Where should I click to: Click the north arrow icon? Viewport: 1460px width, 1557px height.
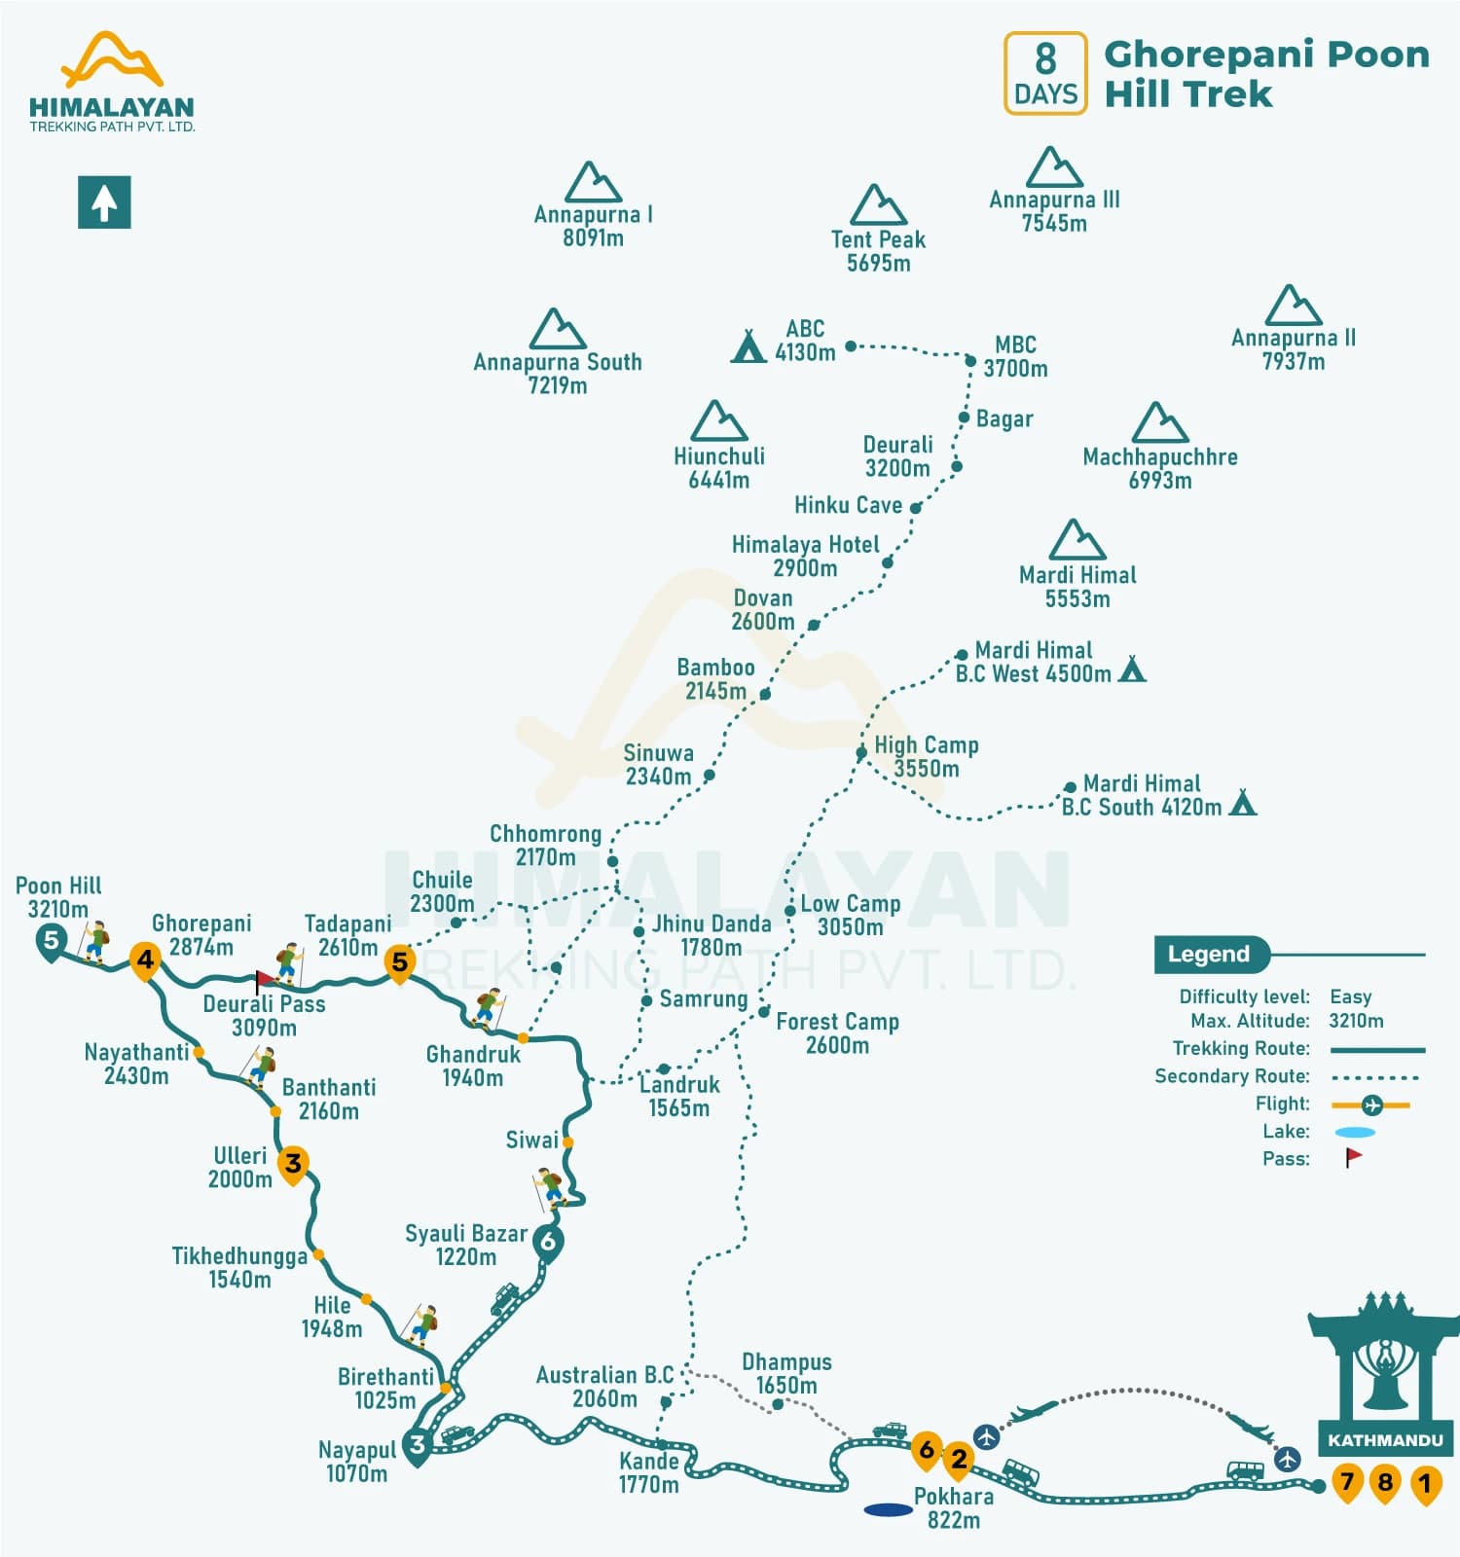click(x=104, y=202)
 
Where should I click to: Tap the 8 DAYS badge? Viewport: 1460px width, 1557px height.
click(x=1045, y=74)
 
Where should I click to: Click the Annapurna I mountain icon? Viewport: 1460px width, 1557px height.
click(x=593, y=182)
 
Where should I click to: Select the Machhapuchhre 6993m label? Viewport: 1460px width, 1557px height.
click(x=1159, y=468)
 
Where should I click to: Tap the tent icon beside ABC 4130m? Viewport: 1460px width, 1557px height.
click(x=748, y=346)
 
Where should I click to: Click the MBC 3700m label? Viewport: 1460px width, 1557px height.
click(x=1015, y=356)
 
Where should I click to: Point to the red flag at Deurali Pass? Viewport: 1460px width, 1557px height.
click(x=263, y=979)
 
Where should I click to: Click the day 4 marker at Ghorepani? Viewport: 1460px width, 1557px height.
click(x=145, y=960)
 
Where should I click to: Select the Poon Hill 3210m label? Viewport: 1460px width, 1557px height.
click(x=58, y=896)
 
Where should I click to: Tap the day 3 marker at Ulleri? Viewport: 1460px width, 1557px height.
click(x=293, y=1163)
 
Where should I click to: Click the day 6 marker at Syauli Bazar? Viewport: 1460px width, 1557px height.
click(x=548, y=1243)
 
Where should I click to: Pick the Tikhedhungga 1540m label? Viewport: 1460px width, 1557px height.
click(x=239, y=1267)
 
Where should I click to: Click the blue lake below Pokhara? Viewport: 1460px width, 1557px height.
click(x=888, y=1510)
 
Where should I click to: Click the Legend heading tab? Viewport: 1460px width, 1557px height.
click(x=1209, y=954)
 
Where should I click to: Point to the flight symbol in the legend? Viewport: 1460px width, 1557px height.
click(x=1370, y=1104)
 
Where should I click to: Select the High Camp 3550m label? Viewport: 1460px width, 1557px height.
click(x=926, y=756)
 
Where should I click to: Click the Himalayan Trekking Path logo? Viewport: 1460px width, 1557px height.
click(x=112, y=83)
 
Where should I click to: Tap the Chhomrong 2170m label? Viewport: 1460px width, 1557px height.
click(x=545, y=845)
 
